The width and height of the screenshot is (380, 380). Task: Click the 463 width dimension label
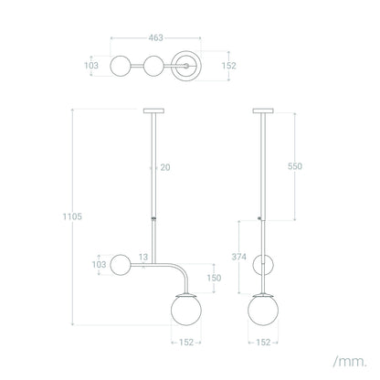155,37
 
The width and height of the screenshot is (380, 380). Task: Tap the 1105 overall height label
72,216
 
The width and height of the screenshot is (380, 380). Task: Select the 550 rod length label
295,166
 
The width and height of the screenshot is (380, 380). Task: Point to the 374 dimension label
239,257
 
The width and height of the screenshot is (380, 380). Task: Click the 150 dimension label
214,278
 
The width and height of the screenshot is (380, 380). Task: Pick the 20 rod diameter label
165,167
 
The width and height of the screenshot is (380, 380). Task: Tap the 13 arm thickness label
143,257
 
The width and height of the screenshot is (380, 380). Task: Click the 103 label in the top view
91,66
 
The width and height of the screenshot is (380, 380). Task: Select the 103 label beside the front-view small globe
100,265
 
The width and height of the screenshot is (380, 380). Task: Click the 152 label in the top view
229,66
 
